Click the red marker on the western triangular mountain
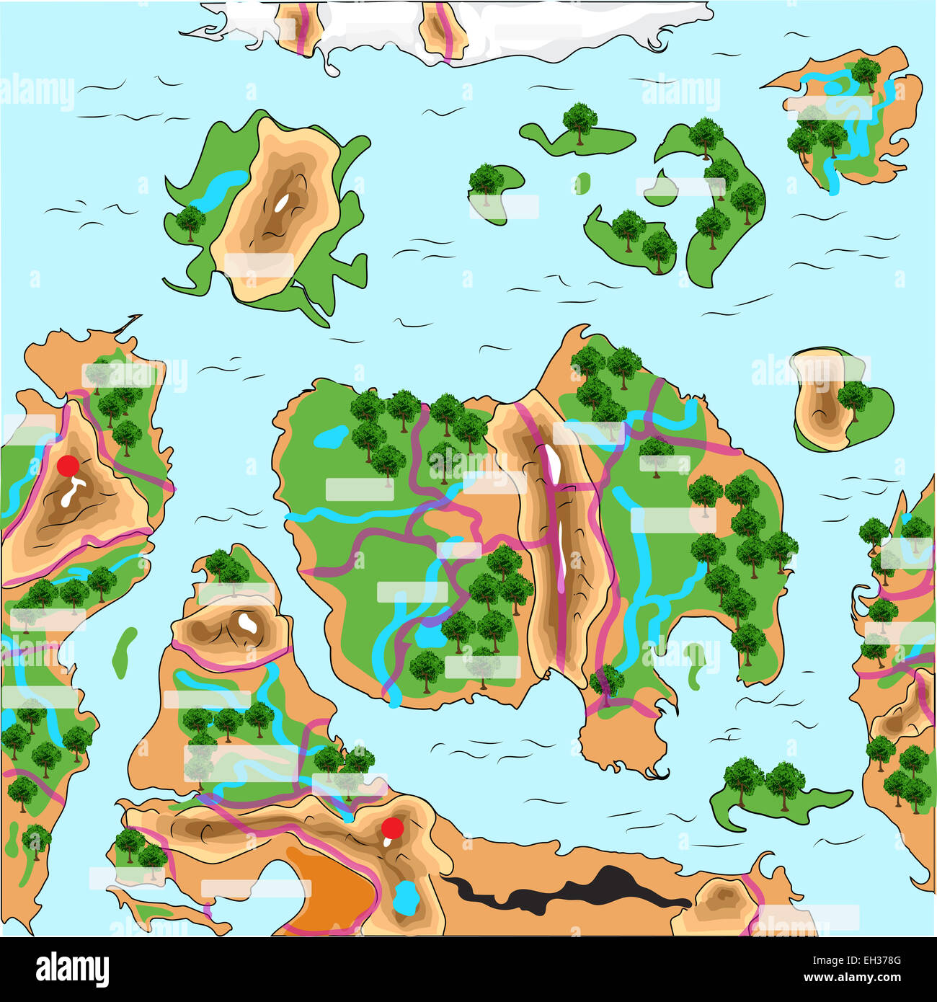coord(68,466)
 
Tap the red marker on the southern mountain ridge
coord(392,827)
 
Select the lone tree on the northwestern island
coord(190,221)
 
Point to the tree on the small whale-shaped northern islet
coord(578,120)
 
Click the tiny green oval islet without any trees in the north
coord(582,184)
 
